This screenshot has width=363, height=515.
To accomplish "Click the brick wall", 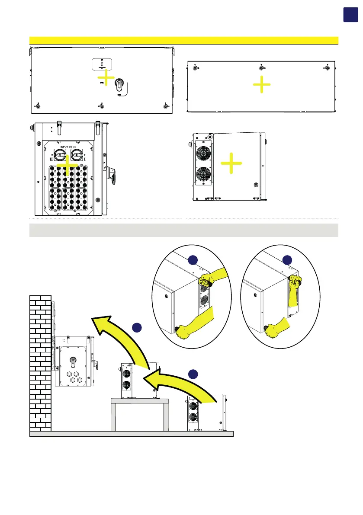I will pos(40,363).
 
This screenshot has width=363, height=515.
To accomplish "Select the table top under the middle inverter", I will pos(138,401).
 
